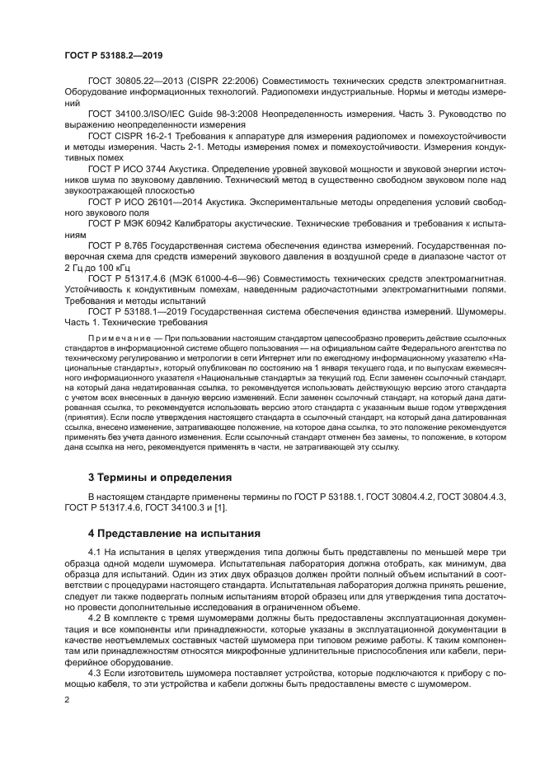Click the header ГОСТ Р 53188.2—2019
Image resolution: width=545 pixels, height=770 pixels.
[113, 55]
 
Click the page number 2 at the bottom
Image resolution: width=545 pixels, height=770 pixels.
[67, 698]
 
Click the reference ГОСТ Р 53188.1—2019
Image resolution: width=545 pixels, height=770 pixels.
[140, 311]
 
